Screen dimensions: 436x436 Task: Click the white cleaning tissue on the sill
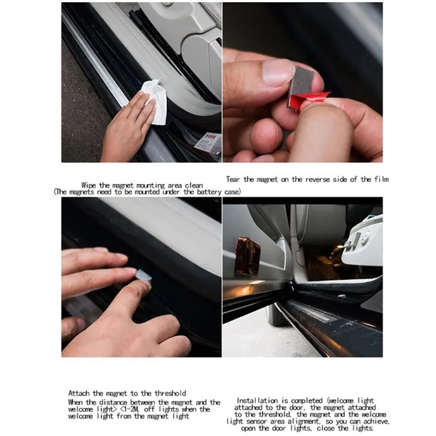click(154, 101)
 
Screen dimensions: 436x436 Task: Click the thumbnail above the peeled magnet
click(277, 72)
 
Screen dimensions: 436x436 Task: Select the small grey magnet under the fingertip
click(144, 275)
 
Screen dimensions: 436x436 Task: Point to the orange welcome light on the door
click(247, 256)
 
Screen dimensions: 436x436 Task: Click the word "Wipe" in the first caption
click(89, 185)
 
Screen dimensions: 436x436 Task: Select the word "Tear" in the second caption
click(233, 179)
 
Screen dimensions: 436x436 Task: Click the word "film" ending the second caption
click(381, 179)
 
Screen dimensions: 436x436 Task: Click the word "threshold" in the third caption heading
click(171, 393)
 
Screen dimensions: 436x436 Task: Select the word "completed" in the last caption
click(306, 401)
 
